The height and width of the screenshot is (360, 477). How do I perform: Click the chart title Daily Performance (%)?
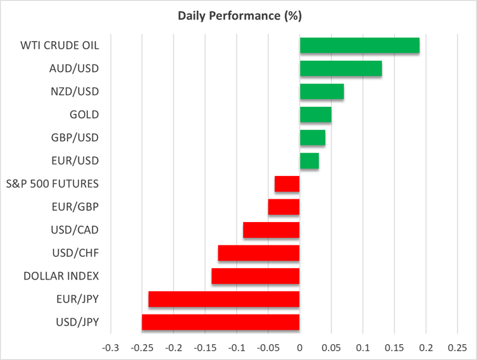pos(238,15)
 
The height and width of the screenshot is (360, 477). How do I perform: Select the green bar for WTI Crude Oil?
pos(359,46)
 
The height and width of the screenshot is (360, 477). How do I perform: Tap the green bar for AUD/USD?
pos(340,68)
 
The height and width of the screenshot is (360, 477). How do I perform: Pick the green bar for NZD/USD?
pos(321,92)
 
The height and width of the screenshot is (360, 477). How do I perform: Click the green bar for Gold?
pos(315,115)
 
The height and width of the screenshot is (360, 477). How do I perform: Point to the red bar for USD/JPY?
pos(221,322)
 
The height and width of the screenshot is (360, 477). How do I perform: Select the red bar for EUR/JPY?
pos(224,299)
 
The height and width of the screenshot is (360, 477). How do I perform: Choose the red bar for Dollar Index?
pos(256,276)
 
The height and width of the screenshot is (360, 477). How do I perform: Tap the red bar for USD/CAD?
pos(271,230)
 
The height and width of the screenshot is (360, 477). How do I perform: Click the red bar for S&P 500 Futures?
pos(287,183)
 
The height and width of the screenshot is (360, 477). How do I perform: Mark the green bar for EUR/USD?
pos(309,161)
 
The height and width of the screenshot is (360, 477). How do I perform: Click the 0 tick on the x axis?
pos(300,347)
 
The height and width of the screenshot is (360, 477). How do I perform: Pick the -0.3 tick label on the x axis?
pos(111,347)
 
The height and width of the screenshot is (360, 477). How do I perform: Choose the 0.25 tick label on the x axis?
pos(457,347)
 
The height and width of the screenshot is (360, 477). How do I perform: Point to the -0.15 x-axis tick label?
pos(205,347)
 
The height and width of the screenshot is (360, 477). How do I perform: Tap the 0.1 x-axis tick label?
pos(362,347)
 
